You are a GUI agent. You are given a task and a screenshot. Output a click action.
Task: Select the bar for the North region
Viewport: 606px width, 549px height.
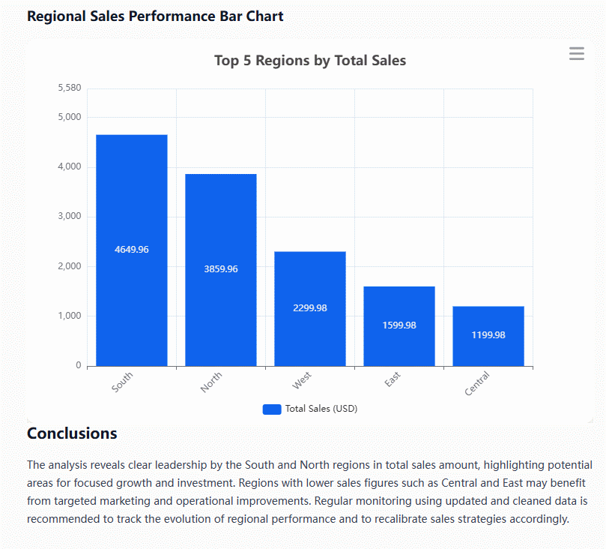(221, 217)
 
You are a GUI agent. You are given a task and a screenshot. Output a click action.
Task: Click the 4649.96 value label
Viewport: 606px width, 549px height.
(131, 250)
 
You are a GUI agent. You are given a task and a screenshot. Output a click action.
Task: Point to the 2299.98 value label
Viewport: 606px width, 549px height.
(310, 308)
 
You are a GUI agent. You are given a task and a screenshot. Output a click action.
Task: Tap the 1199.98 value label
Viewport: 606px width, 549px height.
(488, 335)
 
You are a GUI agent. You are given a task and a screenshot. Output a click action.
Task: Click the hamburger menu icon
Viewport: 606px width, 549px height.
(576, 54)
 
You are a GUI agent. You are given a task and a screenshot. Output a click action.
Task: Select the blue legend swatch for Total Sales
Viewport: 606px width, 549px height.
(271, 409)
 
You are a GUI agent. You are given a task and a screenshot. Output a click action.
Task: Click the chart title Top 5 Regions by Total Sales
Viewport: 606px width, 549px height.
(310, 61)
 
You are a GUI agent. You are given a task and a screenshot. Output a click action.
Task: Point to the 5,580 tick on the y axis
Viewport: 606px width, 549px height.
(70, 88)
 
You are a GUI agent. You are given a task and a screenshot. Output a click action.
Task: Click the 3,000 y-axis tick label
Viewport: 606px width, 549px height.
(69, 217)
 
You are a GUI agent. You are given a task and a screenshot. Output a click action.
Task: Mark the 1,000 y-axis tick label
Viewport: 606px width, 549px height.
(69, 316)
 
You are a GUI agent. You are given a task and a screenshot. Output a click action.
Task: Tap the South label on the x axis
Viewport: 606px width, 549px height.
(122, 382)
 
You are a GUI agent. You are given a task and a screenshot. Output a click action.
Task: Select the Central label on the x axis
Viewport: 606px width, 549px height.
(477, 383)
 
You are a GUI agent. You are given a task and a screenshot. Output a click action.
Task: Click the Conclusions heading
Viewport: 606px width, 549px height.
(72, 433)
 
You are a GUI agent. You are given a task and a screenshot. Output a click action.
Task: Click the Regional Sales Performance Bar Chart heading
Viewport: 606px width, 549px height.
(155, 16)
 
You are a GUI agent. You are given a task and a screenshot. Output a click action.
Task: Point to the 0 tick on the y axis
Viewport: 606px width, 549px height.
(78, 366)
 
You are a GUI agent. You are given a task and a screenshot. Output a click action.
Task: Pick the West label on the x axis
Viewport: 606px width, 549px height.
(302, 381)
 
